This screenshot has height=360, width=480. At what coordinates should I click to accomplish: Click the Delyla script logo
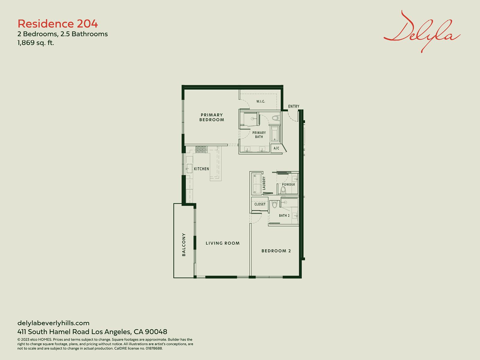(422, 32)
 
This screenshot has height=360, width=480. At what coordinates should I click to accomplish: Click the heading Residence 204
(58, 24)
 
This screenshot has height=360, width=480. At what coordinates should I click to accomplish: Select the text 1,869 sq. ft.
(36, 43)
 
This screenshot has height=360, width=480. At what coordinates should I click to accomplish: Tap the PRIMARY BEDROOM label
(212, 117)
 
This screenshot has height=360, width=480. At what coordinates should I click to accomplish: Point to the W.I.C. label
(261, 101)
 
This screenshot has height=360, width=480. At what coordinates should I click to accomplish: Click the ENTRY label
(294, 106)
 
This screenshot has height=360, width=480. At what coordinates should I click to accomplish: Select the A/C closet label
(276, 148)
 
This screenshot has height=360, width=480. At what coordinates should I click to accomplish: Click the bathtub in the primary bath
(275, 133)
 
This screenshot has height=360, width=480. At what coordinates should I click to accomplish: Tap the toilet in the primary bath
(275, 118)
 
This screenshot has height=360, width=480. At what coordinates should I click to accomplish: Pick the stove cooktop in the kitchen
(201, 149)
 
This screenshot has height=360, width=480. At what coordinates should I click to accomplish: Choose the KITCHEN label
(201, 169)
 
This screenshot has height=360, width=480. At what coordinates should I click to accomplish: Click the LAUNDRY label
(264, 183)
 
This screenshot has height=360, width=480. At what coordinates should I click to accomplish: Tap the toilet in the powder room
(283, 190)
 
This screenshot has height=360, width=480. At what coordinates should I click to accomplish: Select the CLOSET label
(260, 204)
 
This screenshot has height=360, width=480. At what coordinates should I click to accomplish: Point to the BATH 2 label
(284, 215)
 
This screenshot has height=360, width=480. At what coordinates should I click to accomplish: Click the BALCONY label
(184, 244)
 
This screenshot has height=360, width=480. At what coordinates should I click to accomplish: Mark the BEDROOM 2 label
(276, 251)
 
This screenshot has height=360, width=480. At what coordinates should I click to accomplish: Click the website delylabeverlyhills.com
(53, 323)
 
